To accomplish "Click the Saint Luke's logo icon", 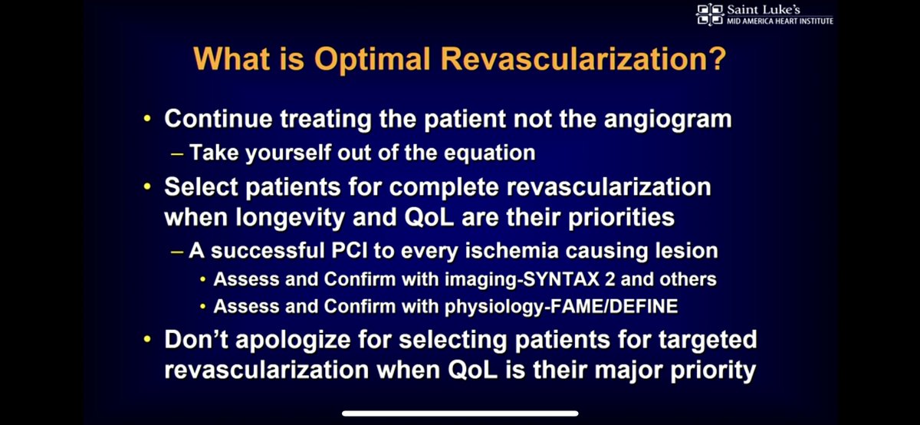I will pos(709,15).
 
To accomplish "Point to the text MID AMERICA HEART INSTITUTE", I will pos(779,21).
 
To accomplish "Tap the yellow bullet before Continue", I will pos(148,120).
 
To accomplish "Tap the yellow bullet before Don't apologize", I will pos(148,339).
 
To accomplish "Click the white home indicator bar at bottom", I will pos(460,413).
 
